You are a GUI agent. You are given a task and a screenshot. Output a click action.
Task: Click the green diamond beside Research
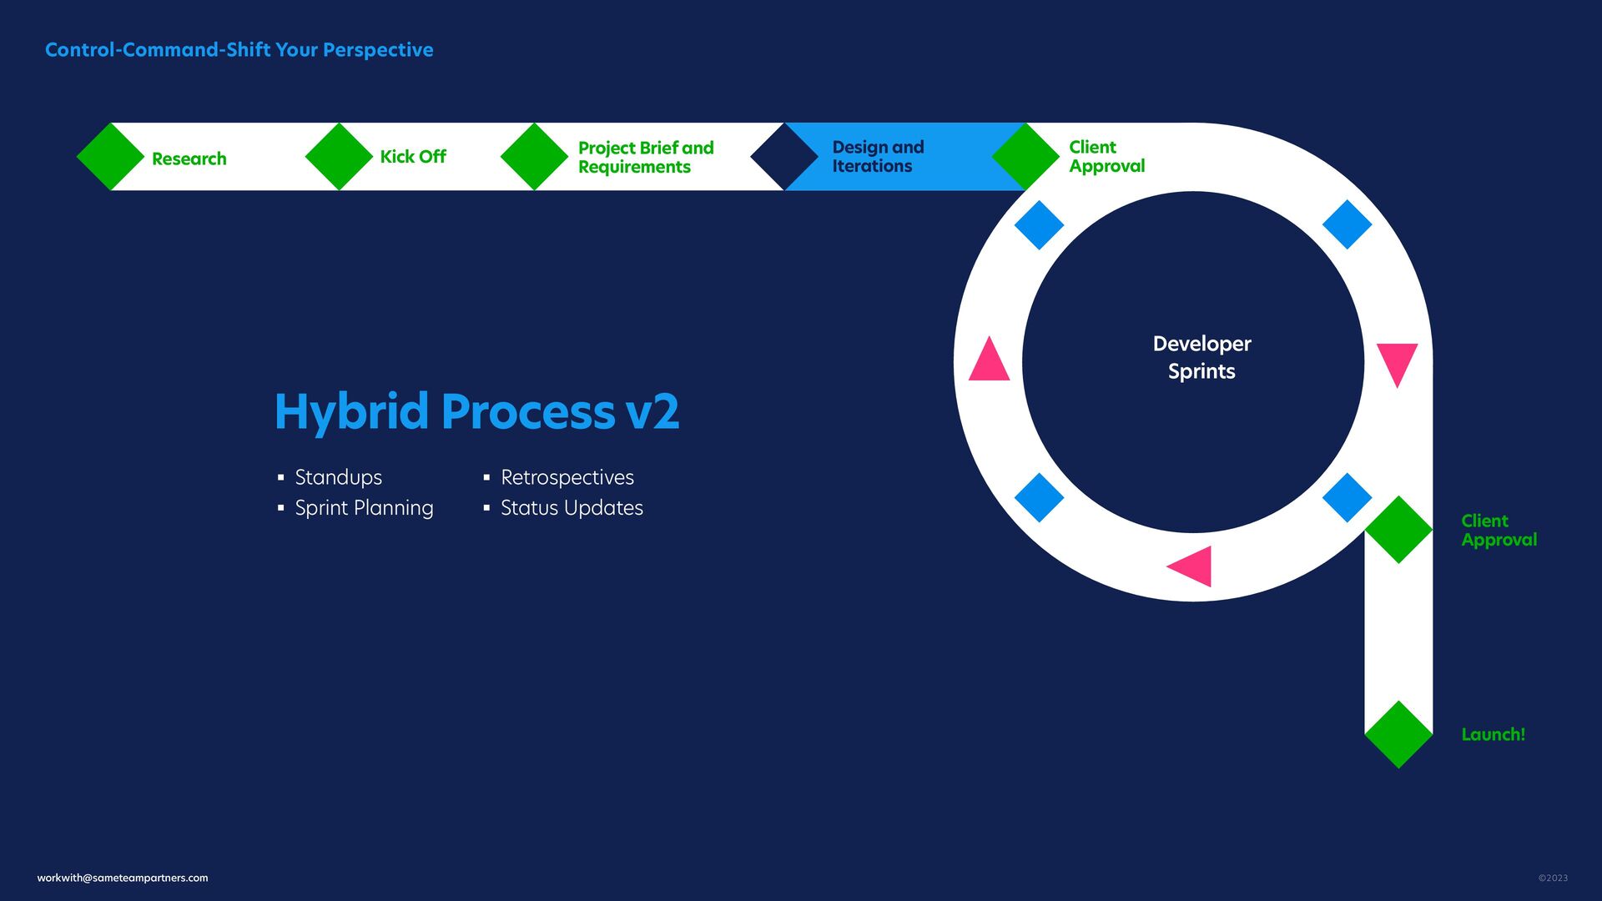point(110,157)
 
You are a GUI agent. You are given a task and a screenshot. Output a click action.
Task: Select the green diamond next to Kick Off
point(339,157)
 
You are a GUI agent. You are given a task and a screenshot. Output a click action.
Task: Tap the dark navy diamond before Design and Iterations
point(783,157)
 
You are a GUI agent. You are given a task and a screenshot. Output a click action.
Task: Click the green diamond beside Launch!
point(1398,734)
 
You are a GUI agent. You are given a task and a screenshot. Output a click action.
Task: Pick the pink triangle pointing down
point(1397,362)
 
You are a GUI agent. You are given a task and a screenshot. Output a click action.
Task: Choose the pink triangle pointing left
point(1191,566)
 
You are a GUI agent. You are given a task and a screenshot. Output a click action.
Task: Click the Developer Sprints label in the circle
point(1201,357)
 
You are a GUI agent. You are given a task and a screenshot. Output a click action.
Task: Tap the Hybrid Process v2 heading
point(476,411)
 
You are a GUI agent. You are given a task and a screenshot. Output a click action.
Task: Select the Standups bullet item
point(338,477)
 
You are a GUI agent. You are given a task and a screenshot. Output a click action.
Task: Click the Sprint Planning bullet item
point(364,508)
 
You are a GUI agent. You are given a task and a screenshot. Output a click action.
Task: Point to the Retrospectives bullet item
point(567,477)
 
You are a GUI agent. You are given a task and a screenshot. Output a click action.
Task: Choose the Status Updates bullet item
point(572,508)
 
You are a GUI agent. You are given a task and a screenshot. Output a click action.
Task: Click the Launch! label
point(1493,734)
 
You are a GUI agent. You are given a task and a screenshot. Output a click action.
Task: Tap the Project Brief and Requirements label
point(646,157)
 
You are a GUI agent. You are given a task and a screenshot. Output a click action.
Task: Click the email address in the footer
point(123,878)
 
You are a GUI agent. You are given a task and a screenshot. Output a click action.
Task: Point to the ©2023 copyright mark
point(1553,878)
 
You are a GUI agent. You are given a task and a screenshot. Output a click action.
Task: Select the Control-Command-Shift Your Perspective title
point(239,50)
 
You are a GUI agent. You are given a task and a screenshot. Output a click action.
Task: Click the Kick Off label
point(413,157)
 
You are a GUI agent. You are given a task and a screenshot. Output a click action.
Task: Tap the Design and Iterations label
point(878,157)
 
